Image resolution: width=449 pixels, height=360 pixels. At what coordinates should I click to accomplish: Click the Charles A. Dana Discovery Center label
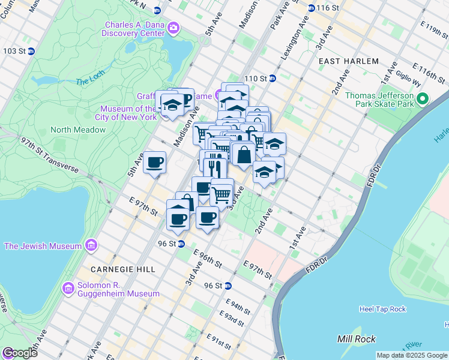click(x=134, y=29)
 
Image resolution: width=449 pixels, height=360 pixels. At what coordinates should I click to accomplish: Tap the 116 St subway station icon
click(x=311, y=8)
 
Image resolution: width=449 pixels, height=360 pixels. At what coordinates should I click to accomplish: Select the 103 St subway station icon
click(x=31, y=51)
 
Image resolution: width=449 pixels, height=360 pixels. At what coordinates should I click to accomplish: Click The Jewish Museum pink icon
click(x=91, y=245)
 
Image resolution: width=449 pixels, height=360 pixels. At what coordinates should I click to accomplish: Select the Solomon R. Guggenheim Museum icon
click(x=68, y=289)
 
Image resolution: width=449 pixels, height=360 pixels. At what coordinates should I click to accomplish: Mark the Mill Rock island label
click(x=357, y=339)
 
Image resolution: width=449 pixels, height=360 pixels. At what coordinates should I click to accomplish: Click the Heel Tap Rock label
click(x=382, y=309)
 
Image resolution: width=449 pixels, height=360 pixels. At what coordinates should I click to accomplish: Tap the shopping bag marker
click(x=244, y=155)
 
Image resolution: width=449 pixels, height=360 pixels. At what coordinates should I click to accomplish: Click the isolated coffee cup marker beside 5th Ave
click(x=155, y=161)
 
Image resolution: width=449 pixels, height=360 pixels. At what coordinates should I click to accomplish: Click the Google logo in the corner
click(x=20, y=353)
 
